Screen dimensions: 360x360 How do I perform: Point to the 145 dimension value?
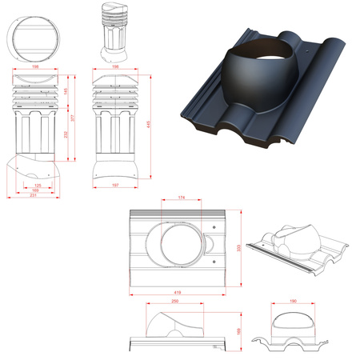[64, 94]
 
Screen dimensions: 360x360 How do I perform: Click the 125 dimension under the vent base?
[38, 186]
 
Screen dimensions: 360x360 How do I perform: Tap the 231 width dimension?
[33, 197]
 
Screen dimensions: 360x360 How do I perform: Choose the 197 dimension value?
[117, 186]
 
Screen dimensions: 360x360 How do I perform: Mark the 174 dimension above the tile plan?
[183, 198]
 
